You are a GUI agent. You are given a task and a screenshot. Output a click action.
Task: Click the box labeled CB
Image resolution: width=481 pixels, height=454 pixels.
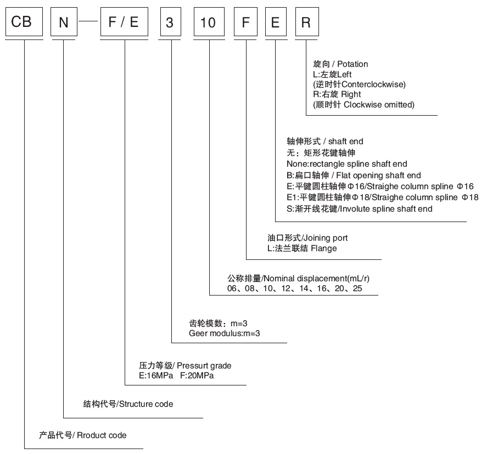[x=24, y=21]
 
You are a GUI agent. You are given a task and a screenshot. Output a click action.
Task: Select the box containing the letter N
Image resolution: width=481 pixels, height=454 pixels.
[x=64, y=21]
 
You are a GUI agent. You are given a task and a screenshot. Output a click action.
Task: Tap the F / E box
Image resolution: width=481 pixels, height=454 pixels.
[x=124, y=21]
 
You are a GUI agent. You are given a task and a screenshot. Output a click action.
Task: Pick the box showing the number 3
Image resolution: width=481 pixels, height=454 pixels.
[x=171, y=21]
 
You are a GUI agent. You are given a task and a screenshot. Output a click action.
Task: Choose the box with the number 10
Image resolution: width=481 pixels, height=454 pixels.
[x=209, y=21]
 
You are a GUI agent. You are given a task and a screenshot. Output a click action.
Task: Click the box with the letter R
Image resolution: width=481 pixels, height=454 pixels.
[x=307, y=21]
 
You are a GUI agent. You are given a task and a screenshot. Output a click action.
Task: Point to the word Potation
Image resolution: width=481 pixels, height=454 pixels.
[x=353, y=64]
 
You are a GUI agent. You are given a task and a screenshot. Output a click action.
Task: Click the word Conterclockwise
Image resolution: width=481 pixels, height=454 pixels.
[x=373, y=84]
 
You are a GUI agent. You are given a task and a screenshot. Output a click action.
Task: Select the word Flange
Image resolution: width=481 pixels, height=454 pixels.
[x=323, y=248]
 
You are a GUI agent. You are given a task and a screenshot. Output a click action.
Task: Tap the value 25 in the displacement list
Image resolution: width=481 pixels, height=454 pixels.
[x=357, y=288]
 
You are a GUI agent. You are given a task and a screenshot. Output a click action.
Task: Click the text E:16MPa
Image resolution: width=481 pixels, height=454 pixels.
[x=156, y=376]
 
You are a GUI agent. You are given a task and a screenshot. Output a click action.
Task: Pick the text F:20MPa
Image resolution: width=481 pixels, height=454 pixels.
[x=197, y=376]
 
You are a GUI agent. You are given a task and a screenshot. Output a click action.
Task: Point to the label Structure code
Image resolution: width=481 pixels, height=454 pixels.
[x=146, y=404]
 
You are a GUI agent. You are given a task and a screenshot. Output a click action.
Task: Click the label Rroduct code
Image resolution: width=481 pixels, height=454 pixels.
[x=102, y=435]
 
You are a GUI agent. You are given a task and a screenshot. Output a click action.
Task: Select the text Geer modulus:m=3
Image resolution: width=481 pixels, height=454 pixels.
[x=224, y=333]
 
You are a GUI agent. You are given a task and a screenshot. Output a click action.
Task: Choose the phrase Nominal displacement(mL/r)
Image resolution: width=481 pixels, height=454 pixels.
[x=316, y=279]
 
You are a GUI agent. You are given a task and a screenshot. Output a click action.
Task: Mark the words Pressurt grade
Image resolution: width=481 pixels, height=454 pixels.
[x=204, y=366]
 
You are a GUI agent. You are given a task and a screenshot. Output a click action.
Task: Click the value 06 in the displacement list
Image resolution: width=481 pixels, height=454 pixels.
[x=232, y=288]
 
